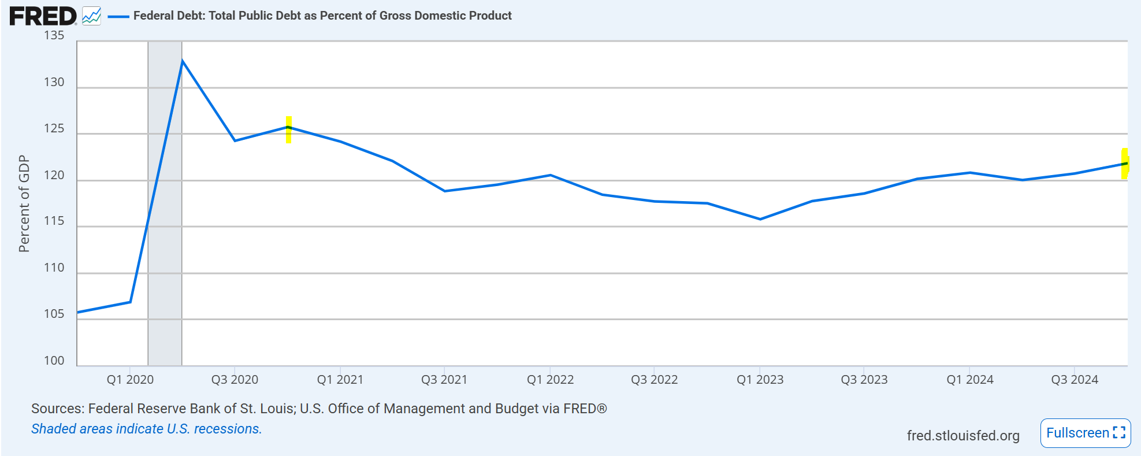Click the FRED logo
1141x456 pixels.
point(42,16)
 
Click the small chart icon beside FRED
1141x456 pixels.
point(91,16)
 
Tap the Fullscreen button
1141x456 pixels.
point(1085,433)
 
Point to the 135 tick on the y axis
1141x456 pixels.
point(54,36)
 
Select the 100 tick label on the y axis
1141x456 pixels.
point(54,361)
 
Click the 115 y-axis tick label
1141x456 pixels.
point(54,221)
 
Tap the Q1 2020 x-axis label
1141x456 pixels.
point(130,380)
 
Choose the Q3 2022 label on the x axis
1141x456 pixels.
point(654,380)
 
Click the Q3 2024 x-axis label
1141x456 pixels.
point(1074,380)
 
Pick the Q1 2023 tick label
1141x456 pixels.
point(760,380)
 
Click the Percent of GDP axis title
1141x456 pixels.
point(24,203)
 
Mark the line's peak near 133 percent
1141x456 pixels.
point(182,61)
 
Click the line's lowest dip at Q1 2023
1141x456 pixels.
point(760,219)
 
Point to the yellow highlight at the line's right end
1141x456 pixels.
point(1125,164)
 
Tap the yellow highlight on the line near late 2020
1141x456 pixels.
point(289,129)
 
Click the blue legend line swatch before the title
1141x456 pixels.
point(118,17)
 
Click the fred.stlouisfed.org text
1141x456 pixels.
point(962,436)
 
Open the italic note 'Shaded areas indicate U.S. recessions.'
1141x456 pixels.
point(146,429)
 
